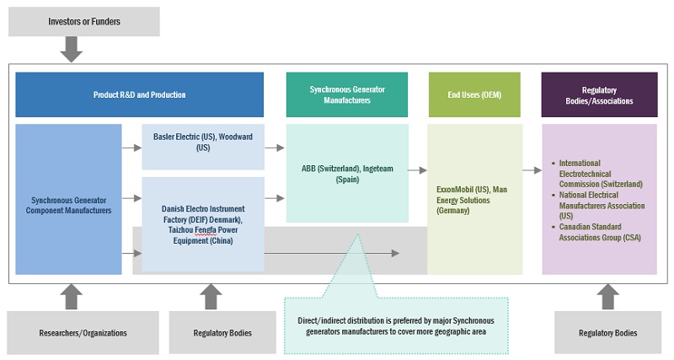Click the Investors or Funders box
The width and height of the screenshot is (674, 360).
point(83,21)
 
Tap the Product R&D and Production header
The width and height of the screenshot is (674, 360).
point(140,94)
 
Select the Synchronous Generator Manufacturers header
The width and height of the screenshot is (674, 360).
point(347,94)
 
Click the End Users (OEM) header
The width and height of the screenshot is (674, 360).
point(473,94)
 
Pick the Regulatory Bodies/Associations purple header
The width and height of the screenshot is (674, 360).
point(599,94)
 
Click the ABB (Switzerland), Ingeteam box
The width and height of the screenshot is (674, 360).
point(347,173)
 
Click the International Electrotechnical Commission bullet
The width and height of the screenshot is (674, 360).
point(599,173)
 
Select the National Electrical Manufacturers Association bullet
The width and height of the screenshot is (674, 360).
point(599,205)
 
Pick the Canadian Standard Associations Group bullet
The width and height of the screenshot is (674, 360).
point(599,232)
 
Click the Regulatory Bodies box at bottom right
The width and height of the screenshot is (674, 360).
point(607,332)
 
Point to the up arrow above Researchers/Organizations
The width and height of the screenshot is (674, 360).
point(72,296)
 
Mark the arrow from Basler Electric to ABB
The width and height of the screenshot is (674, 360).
point(275,147)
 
